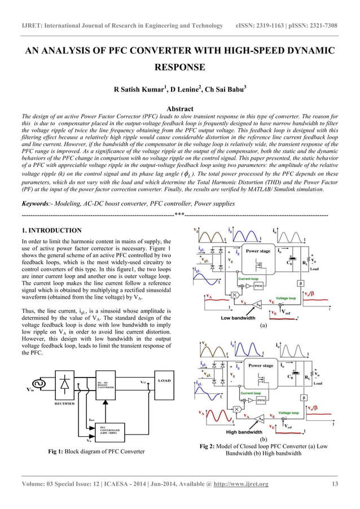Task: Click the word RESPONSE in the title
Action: click(179, 68)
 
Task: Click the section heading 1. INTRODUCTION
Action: click(51, 231)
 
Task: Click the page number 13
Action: click(334, 484)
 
